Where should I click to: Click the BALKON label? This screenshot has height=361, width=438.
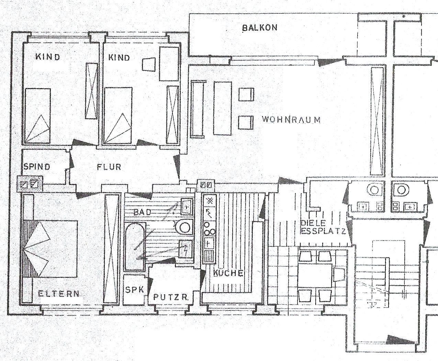coord(260,28)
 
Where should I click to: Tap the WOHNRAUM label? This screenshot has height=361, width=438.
coord(291,120)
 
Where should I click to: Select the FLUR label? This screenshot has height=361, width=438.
coord(109,167)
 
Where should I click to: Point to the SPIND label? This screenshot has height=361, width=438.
coord(37,167)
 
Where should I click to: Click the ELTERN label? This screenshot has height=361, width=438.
coord(59,294)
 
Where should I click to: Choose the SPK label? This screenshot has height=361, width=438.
coord(135,290)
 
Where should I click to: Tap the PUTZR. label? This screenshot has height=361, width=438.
coord(171,297)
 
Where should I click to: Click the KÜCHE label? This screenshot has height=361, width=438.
coord(228,273)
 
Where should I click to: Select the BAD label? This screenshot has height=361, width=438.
coord(142,212)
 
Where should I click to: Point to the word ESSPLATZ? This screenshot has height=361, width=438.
coord(323,231)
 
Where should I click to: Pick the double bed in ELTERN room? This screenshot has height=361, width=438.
coord(50,249)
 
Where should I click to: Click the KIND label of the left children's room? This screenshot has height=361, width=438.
coord(48,57)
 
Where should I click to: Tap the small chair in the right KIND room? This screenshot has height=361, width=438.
coord(148,64)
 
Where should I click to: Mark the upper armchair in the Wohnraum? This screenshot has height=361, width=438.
coord(246,94)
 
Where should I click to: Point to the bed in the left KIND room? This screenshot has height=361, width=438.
coord(37,116)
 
